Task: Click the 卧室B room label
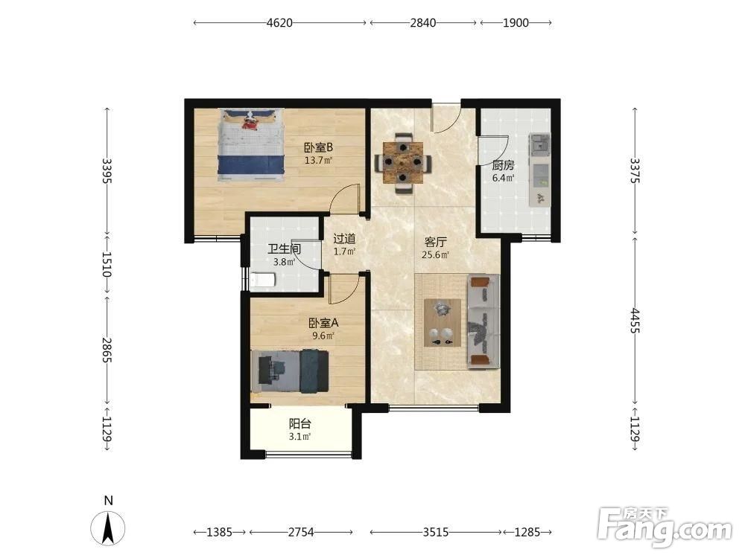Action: click(x=318, y=147)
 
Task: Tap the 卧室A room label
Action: click(x=323, y=324)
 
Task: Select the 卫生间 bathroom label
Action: click(x=284, y=248)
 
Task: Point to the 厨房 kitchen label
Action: click(x=503, y=166)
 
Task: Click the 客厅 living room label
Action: click(x=435, y=243)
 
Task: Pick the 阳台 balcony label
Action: click(x=299, y=424)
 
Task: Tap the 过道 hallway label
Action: click(x=344, y=239)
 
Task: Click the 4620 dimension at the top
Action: click(x=279, y=23)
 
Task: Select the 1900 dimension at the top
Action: click(x=516, y=23)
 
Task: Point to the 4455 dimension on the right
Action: click(x=635, y=321)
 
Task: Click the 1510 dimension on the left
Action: click(x=107, y=264)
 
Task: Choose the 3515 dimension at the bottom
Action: click(x=435, y=533)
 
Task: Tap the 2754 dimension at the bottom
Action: click(x=301, y=533)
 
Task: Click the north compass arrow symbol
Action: click(x=108, y=528)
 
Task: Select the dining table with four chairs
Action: click(x=403, y=163)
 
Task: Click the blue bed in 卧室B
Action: click(x=251, y=145)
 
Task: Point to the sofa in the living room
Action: click(x=484, y=321)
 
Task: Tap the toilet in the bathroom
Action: click(x=263, y=280)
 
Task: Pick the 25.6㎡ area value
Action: click(x=435, y=255)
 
